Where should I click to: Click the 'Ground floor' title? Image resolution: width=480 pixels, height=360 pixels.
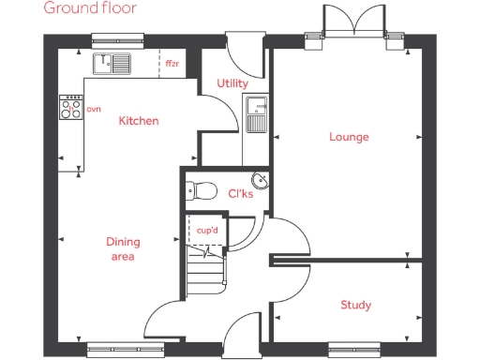click(90, 8)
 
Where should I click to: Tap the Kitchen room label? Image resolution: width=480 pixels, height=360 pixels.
click(138, 121)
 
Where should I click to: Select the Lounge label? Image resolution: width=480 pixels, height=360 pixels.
click(349, 137)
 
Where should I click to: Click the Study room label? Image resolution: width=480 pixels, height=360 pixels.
click(355, 305)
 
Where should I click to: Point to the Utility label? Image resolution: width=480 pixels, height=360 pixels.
click(232, 83)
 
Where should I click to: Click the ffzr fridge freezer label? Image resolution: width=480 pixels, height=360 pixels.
click(172, 64)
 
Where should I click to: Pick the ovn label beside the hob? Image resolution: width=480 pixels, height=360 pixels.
click(93, 110)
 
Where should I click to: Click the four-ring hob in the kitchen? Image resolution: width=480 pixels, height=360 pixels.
click(71, 109)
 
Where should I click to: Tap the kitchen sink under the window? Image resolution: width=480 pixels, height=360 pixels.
click(116, 64)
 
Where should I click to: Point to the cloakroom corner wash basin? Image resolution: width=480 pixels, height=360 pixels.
click(260, 181)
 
